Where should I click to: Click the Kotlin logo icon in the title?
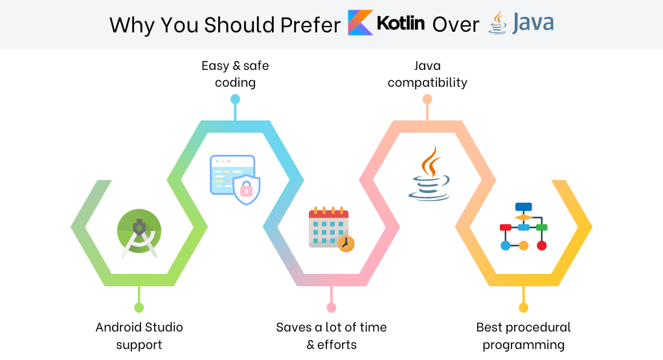click(x=360, y=23)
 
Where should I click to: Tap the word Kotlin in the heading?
click(x=400, y=23)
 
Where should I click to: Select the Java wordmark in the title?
click(x=533, y=23)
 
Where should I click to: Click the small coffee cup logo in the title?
click(x=498, y=23)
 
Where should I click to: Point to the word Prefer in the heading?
click(x=310, y=25)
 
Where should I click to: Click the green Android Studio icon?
click(x=139, y=232)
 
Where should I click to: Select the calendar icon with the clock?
click(x=331, y=229)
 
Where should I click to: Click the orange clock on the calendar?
click(x=346, y=243)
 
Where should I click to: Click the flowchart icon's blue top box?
click(x=523, y=207)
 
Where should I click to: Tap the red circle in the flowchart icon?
click(x=542, y=245)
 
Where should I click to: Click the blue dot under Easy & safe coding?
click(x=235, y=99)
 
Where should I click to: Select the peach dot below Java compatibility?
click(x=427, y=99)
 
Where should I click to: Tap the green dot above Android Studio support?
click(x=139, y=308)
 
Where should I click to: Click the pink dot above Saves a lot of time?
click(x=331, y=308)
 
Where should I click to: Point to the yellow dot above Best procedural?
click(x=523, y=308)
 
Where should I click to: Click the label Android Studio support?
click(x=139, y=336)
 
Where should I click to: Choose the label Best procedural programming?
click(x=523, y=336)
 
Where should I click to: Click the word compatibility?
click(x=427, y=82)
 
